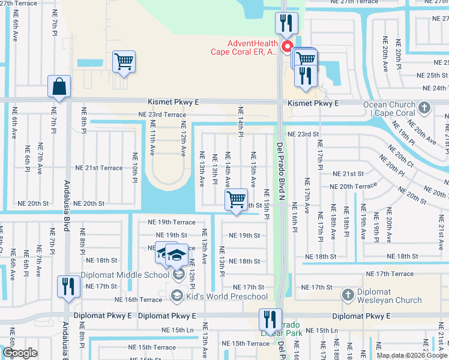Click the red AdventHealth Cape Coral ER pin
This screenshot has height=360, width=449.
click(287, 46)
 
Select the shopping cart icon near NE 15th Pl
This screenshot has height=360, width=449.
click(237, 200)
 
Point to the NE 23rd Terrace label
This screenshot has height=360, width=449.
click(162, 113)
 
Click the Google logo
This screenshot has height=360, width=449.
click(20, 353)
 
